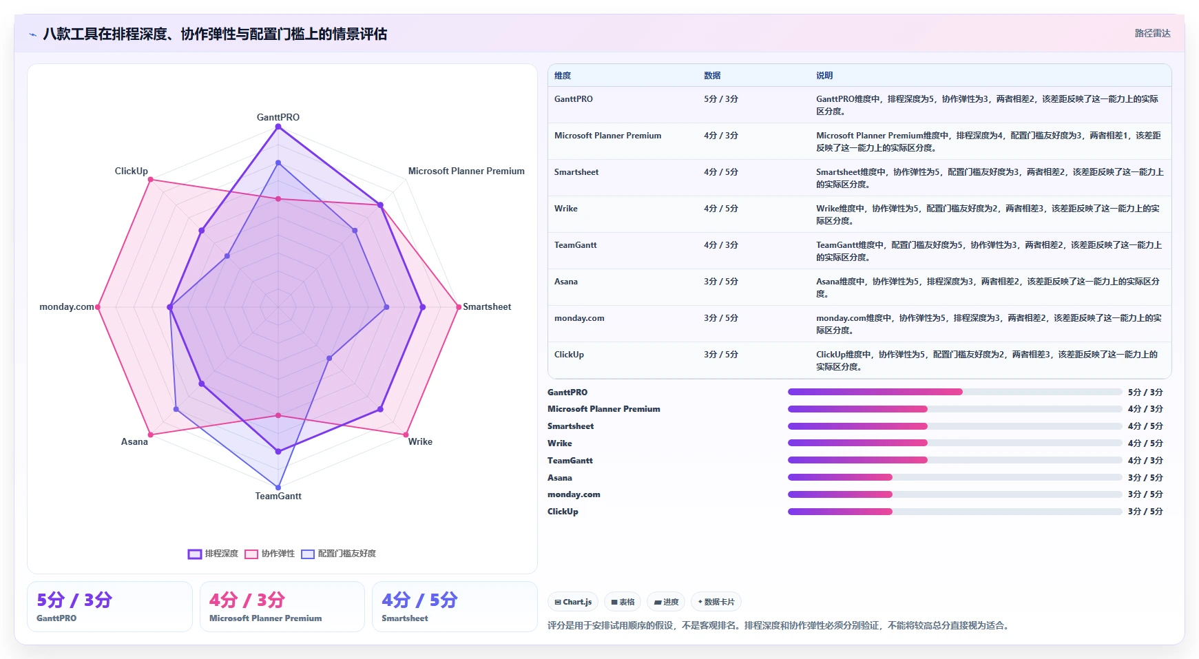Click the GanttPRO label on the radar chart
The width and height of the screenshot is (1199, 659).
pyautogui.click(x=278, y=117)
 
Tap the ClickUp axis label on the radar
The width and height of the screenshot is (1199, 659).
pyautogui.click(x=132, y=171)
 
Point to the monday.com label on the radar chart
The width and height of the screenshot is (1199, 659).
pyautogui.click(x=67, y=306)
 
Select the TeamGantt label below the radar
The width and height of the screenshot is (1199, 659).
pyautogui.click(x=278, y=496)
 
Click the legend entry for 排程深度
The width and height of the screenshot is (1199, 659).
pyautogui.click(x=213, y=554)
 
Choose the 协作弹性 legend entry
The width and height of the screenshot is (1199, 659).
pyautogui.click(x=270, y=554)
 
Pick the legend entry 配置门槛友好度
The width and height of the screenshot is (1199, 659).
pyautogui.click(x=339, y=554)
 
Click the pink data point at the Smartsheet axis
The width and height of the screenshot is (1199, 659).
pyautogui.click(x=459, y=307)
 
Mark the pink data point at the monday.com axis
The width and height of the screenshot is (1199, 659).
pyautogui.click(x=98, y=307)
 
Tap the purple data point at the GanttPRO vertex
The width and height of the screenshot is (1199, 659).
pyautogui.click(x=278, y=127)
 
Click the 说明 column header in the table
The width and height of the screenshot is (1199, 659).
pyautogui.click(x=824, y=76)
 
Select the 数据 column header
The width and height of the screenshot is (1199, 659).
pyautogui.click(x=712, y=76)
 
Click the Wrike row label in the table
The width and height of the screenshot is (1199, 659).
pyautogui.click(x=566, y=209)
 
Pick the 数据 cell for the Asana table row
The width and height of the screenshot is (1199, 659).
pyautogui.click(x=721, y=282)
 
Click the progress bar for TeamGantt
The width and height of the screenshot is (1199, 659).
pyautogui.click(x=955, y=460)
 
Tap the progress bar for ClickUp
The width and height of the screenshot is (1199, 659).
pyautogui.click(x=955, y=512)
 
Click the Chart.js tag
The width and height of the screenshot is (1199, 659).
pyautogui.click(x=573, y=602)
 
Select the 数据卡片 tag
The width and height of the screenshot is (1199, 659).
pyautogui.click(x=716, y=602)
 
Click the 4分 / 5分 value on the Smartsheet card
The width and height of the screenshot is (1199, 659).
pyautogui.click(x=419, y=600)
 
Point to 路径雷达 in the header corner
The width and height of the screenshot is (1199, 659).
pyautogui.click(x=1153, y=33)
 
